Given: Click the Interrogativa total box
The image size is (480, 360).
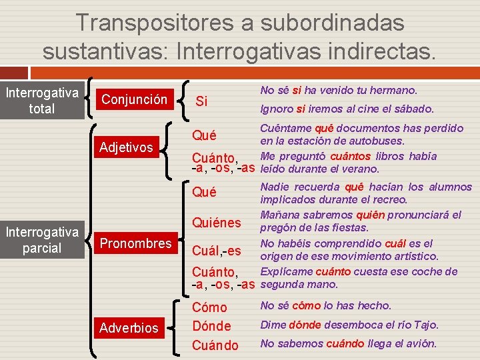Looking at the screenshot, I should (x=41, y=100).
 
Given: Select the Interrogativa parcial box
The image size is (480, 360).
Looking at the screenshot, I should (x=41, y=240).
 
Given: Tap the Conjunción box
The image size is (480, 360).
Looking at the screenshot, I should (x=134, y=99).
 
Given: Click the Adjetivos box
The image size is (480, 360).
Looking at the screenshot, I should (x=126, y=147).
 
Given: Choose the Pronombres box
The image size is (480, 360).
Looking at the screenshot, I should (x=136, y=243).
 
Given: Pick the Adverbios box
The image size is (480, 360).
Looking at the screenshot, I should (x=129, y=327).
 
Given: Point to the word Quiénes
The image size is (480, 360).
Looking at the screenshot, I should (x=217, y=223).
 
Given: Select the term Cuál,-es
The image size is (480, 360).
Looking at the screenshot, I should (x=217, y=251).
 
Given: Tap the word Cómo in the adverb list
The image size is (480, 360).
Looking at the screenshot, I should (x=209, y=307).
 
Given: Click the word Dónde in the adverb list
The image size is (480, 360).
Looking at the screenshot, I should (x=211, y=326).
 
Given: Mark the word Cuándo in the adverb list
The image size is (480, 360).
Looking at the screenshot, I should (x=215, y=345).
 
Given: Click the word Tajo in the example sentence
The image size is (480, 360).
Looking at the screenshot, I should (x=427, y=325).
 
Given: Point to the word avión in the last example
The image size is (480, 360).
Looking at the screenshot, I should (x=421, y=344).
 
